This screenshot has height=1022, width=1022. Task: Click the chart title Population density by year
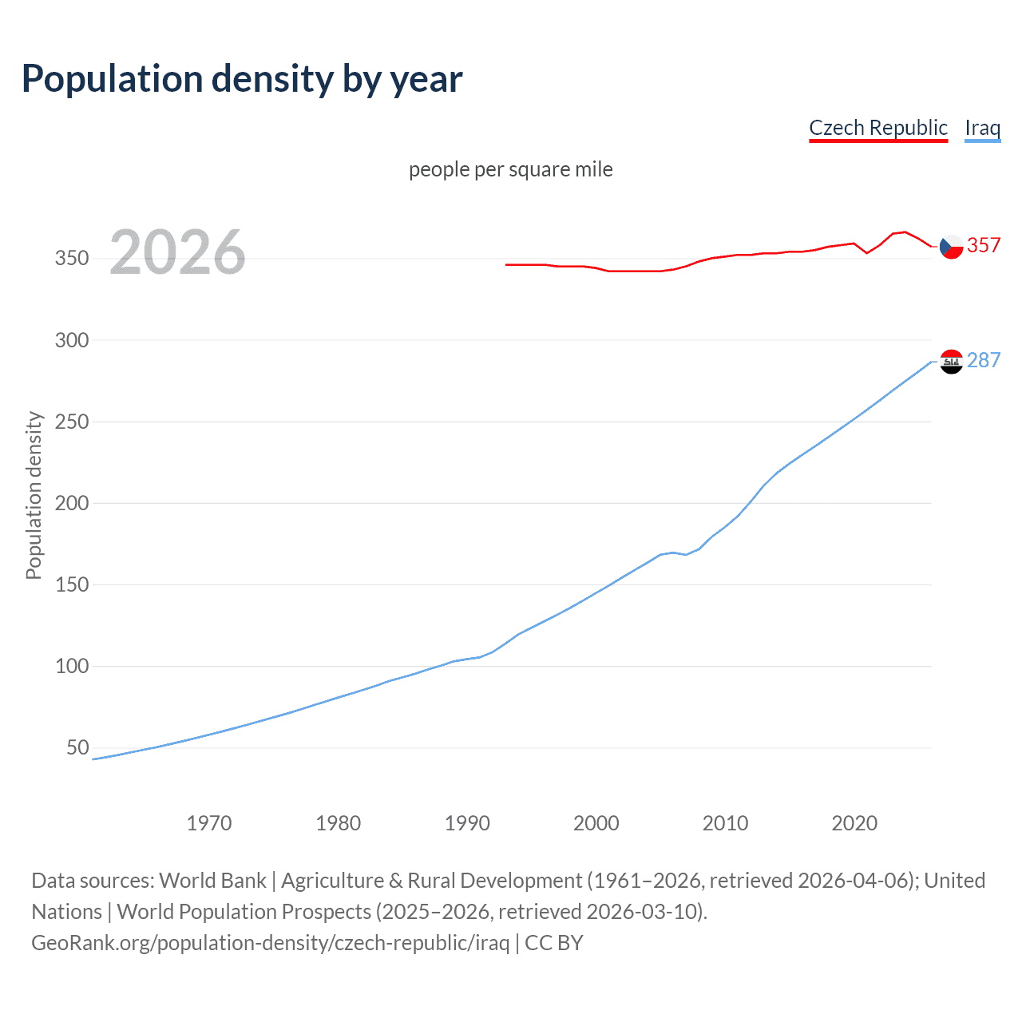click(x=242, y=79)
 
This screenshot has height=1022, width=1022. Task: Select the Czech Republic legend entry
click(x=877, y=128)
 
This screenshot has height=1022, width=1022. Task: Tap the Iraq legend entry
click(x=982, y=128)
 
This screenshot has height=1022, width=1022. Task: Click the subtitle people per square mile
click(x=510, y=169)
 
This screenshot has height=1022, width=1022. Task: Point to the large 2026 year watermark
click(x=177, y=252)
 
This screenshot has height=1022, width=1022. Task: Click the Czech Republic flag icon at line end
click(x=951, y=247)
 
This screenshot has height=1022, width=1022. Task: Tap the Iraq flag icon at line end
click(x=951, y=362)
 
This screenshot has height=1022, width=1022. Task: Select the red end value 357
click(x=984, y=245)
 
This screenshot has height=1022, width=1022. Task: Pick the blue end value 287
click(x=984, y=360)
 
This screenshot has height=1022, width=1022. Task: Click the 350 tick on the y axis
click(x=71, y=258)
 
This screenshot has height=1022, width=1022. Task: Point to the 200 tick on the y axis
click(x=71, y=503)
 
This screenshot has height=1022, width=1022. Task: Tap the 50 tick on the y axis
click(x=77, y=747)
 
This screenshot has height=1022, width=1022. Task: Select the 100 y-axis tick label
click(x=71, y=666)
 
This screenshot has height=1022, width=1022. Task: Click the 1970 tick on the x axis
click(x=209, y=823)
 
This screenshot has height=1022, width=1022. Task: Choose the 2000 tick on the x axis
click(x=596, y=823)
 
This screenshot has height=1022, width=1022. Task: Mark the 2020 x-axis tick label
click(x=854, y=823)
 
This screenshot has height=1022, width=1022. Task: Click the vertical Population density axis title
click(x=34, y=495)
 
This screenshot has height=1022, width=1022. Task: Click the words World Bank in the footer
click(x=212, y=881)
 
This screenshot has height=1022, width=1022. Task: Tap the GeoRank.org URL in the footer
click(x=270, y=943)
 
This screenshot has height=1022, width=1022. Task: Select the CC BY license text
click(x=554, y=943)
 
